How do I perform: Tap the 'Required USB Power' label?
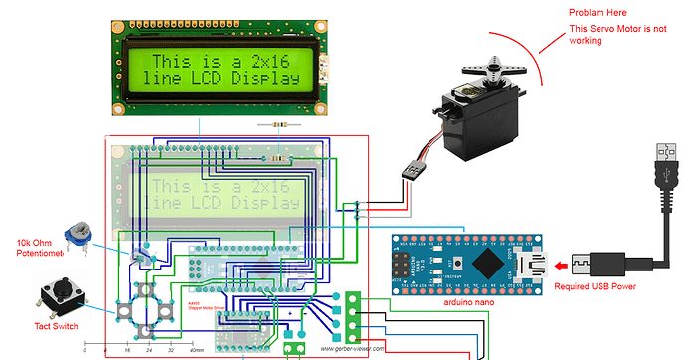(x=608, y=286)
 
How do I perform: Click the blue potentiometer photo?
(x=77, y=236)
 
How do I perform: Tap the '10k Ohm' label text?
(x=36, y=243)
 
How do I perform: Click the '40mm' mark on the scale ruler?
(x=196, y=351)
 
